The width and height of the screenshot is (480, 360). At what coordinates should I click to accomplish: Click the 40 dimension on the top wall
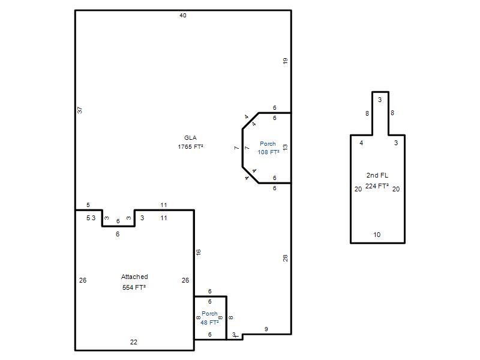(x=183, y=16)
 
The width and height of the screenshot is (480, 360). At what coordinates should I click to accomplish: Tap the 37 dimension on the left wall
(x=80, y=110)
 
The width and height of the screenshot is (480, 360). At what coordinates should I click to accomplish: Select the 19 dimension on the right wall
(x=286, y=61)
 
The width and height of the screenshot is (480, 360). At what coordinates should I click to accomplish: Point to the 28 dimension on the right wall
(x=286, y=258)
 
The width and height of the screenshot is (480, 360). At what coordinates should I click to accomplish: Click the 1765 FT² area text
(x=190, y=146)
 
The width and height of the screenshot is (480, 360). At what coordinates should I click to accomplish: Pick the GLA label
(x=190, y=138)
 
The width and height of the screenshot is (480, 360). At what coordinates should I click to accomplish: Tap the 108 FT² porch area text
(x=268, y=152)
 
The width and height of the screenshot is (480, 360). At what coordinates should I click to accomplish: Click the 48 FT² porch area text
(x=209, y=322)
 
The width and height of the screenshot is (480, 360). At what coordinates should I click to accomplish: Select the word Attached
(x=134, y=277)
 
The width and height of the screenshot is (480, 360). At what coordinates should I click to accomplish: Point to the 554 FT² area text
(x=134, y=287)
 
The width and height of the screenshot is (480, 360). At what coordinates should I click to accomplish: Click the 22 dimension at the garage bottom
(x=134, y=342)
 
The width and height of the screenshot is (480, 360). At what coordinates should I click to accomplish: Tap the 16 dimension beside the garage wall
(x=199, y=252)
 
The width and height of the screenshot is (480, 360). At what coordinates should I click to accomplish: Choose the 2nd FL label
(x=377, y=175)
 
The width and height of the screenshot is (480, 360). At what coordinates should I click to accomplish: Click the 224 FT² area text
(x=377, y=186)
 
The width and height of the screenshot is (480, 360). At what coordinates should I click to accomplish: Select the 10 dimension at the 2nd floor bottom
(x=377, y=235)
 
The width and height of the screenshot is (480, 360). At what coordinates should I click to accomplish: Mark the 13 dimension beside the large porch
(x=286, y=147)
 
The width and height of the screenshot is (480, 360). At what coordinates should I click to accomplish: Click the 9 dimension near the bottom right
(x=266, y=329)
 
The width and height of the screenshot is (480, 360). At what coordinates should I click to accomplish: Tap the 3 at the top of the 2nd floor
(x=380, y=100)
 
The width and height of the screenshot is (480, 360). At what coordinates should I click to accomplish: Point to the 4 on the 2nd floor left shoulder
(x=362, y=143)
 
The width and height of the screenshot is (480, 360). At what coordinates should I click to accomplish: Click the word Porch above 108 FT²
(x=268, y=143)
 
